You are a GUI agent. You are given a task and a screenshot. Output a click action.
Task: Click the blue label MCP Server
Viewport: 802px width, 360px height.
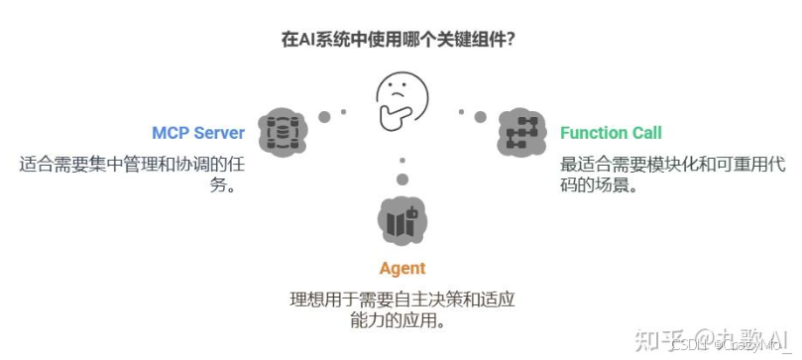tap(198, 132)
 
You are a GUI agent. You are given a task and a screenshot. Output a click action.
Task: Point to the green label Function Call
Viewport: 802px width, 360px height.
tap(611, 132)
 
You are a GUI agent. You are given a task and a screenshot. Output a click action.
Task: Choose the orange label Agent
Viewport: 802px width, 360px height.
tap(401, 268)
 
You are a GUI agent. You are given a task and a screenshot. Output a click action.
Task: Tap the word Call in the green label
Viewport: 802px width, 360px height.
tap(645, 132)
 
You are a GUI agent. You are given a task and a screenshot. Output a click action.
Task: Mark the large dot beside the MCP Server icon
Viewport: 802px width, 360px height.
tap(324, 117)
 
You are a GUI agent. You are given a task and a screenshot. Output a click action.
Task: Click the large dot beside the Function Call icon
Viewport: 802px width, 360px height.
tap(480, 117)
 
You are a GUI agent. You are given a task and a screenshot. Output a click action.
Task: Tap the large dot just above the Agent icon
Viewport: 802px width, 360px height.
tap(401, 180)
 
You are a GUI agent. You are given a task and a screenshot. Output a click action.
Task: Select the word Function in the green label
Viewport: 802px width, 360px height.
tap(593, 132)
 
